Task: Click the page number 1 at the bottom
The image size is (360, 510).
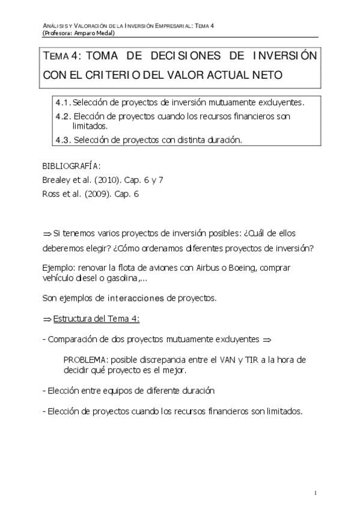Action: (x=316, y=493)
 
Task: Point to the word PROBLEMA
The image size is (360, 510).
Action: (x=85, y=360)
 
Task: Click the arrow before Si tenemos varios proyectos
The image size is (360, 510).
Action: (x=47, y=233)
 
